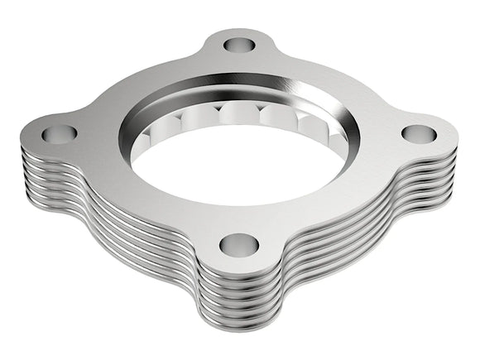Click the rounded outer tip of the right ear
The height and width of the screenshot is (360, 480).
pos(455,132)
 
